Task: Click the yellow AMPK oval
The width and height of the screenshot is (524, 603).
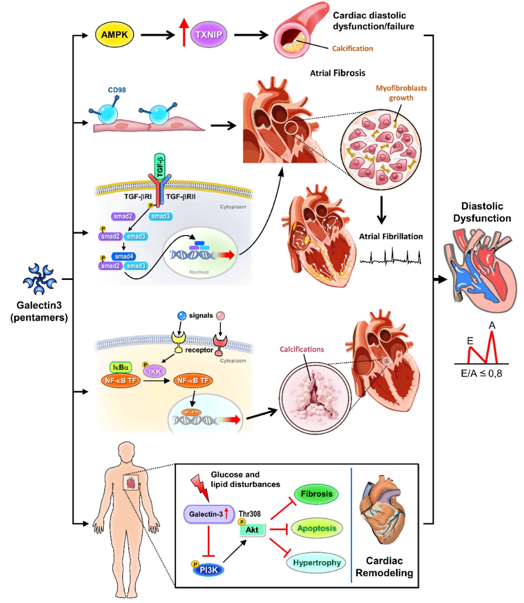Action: pos(114,35)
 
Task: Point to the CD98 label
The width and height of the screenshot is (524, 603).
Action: pos(117,90)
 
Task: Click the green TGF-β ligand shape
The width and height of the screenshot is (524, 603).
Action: pos(160,166)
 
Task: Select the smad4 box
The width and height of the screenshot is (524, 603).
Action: pos(124,256)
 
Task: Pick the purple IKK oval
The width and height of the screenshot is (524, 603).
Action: pos(154,372)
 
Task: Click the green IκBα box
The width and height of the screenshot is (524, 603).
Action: pos(121,367)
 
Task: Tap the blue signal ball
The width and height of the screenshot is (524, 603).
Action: pos(182,316)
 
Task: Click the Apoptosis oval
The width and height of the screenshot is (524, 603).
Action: pos(317,528)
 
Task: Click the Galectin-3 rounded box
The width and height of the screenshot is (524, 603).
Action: pos(209,514)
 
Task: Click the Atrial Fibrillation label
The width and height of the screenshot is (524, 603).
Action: pos(391,236)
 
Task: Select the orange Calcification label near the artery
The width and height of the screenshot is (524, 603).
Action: pos(352,49)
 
